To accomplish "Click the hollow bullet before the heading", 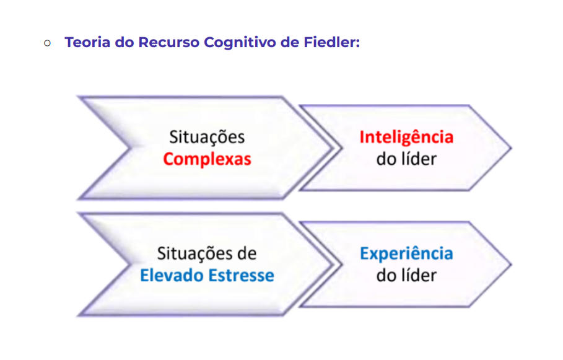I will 48,43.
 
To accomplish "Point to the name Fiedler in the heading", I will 333,43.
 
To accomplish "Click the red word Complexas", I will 207,159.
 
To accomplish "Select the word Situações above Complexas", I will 207,137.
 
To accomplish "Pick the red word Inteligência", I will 406,137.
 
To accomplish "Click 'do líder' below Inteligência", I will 406,159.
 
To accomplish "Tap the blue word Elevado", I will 171,275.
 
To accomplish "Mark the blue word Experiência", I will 406,253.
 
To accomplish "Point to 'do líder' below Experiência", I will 406,275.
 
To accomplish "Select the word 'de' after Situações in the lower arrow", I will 247,253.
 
